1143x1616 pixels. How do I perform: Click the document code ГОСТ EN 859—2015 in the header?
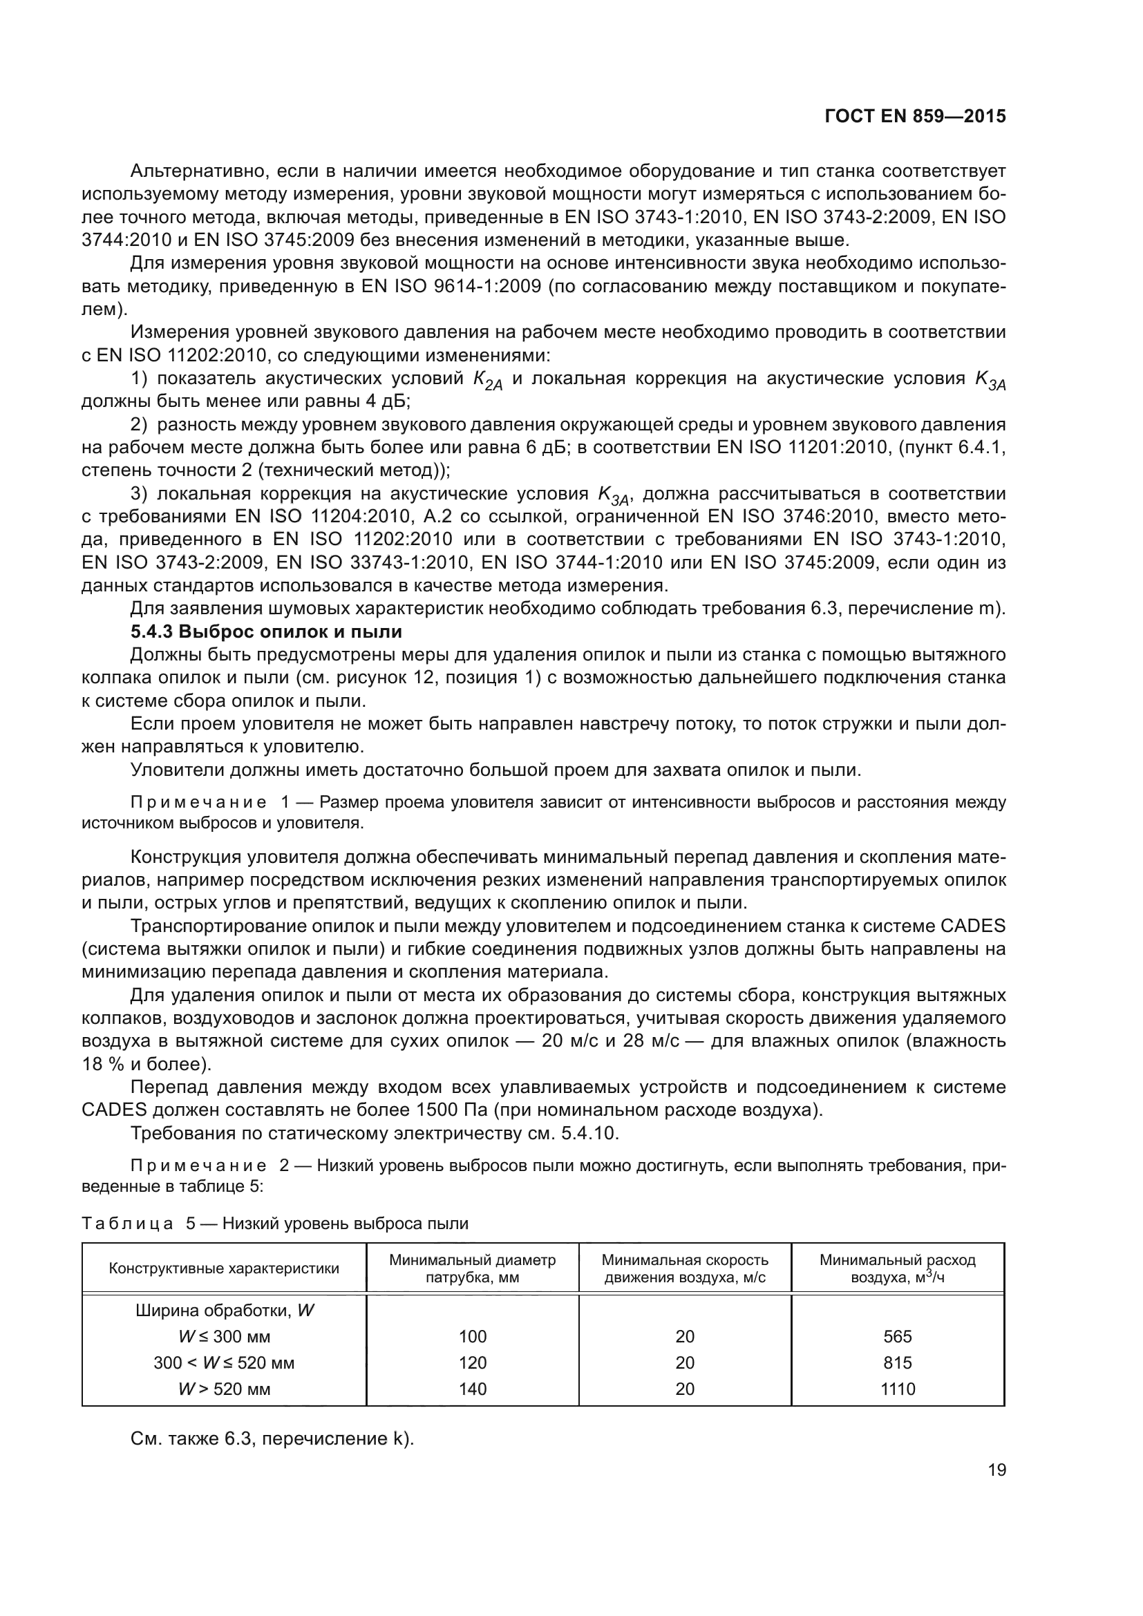click(914, 116)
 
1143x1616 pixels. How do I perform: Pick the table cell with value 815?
click(898, 1362)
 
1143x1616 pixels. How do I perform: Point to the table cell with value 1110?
click(898, 1389)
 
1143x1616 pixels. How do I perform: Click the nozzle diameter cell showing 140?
click(472, 1389)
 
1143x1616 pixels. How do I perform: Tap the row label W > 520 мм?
click(224, 1389)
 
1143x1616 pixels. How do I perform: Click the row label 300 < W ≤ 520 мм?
click(224, 1362)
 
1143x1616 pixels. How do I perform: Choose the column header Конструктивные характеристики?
click(224, 1268)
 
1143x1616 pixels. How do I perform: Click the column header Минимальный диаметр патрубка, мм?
click(472, 1268)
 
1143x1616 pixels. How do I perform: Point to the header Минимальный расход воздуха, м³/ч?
click(898, 1268)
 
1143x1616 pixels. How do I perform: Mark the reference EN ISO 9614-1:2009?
click(451, 287)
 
